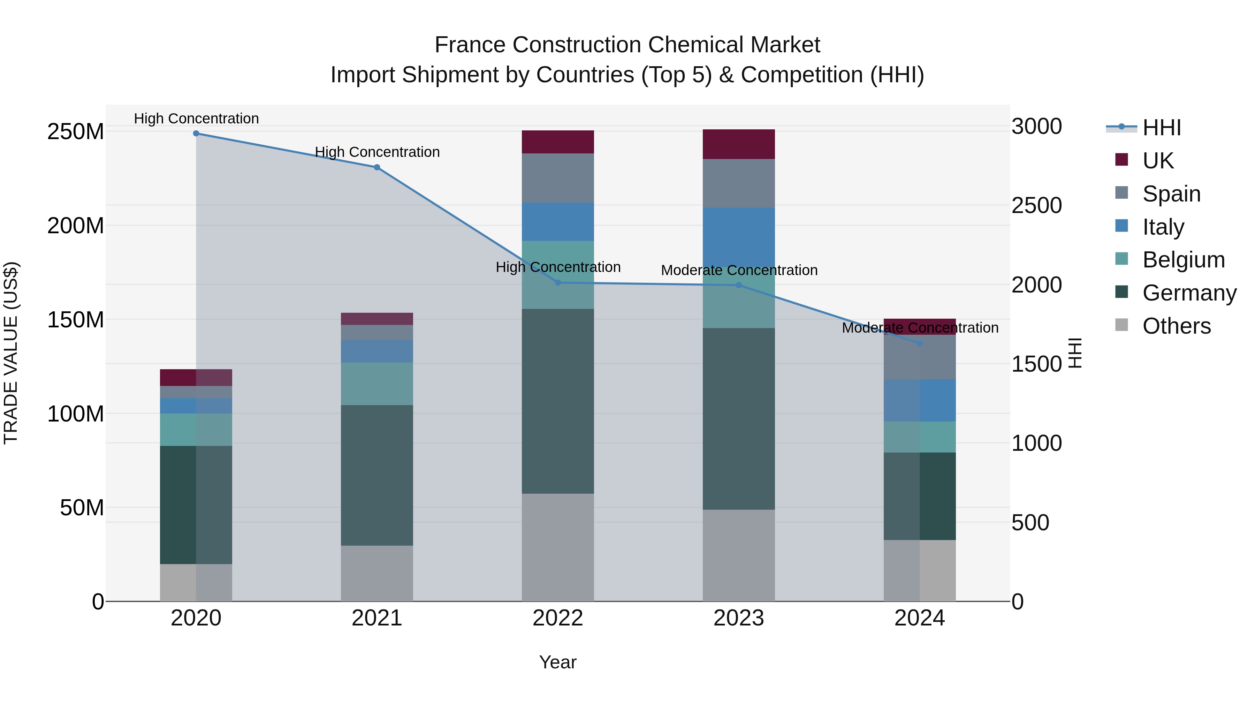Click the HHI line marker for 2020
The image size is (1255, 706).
click(196, 134)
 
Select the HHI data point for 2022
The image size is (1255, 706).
click(558, 283)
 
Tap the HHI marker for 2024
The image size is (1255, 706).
click(919, 343)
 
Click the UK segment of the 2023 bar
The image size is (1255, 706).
click(739, 144)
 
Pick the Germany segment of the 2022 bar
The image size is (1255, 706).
click(558, 401)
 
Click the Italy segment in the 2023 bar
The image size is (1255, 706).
click(739, 234)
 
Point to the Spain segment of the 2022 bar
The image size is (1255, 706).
click(558, 178)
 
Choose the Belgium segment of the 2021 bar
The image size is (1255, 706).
click(376, 384)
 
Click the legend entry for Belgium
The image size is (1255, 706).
click(1183, 260)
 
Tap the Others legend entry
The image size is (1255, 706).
click(1176, 326)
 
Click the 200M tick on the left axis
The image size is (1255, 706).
click(76, 226)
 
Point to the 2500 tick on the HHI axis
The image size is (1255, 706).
click(1036, 206)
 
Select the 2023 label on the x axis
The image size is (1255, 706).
click(739, 618)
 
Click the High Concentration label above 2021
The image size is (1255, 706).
click(377, 152)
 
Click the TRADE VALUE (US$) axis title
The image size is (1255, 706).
click(11, 353)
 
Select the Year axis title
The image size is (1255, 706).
click(557, 662)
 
